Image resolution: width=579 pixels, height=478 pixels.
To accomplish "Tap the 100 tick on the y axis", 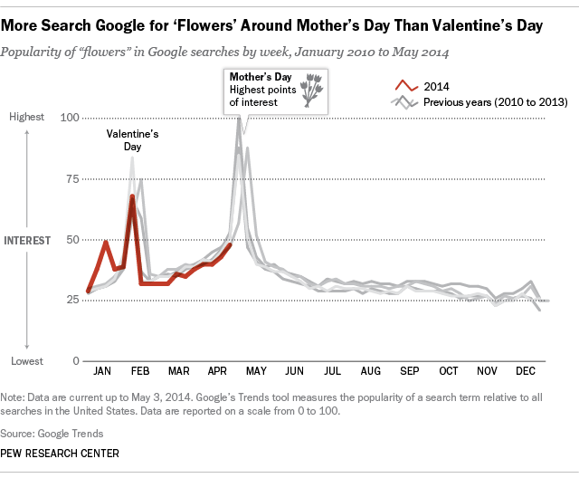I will (x=70, y=118).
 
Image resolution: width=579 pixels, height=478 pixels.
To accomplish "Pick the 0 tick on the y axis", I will (x=76, y=361).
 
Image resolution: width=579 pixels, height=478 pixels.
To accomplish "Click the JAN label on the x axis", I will (x=102, y=371).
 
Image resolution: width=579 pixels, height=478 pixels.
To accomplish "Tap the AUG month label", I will (x=370, y=371).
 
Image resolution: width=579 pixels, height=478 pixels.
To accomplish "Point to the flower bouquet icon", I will (x=313, y=91).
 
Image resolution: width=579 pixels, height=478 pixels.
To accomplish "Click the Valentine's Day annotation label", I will (x=133, y=139).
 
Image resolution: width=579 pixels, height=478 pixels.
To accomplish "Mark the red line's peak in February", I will (x=132, y=196).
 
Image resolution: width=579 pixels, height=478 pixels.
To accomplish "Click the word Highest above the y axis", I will (x=27, y=118).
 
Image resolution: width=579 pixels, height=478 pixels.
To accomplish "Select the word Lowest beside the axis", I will (x=27, y=361).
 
